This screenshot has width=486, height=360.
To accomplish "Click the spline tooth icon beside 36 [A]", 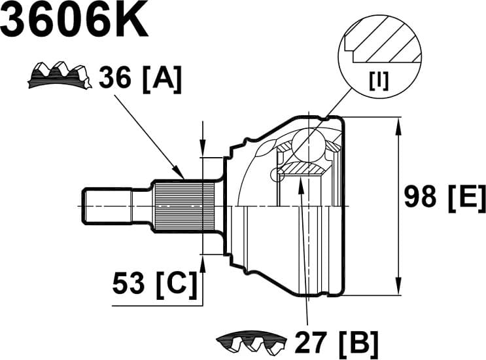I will tap(59, 76).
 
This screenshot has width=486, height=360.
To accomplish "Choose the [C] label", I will tap(175, 284).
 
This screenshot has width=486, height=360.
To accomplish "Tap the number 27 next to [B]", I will tap(311, 341).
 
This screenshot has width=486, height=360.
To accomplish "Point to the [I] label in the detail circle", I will tap(379, 81).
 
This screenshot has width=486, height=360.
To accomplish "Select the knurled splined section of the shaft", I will tap(185, 205).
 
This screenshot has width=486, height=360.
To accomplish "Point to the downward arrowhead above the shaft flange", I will tap(203, 149).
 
